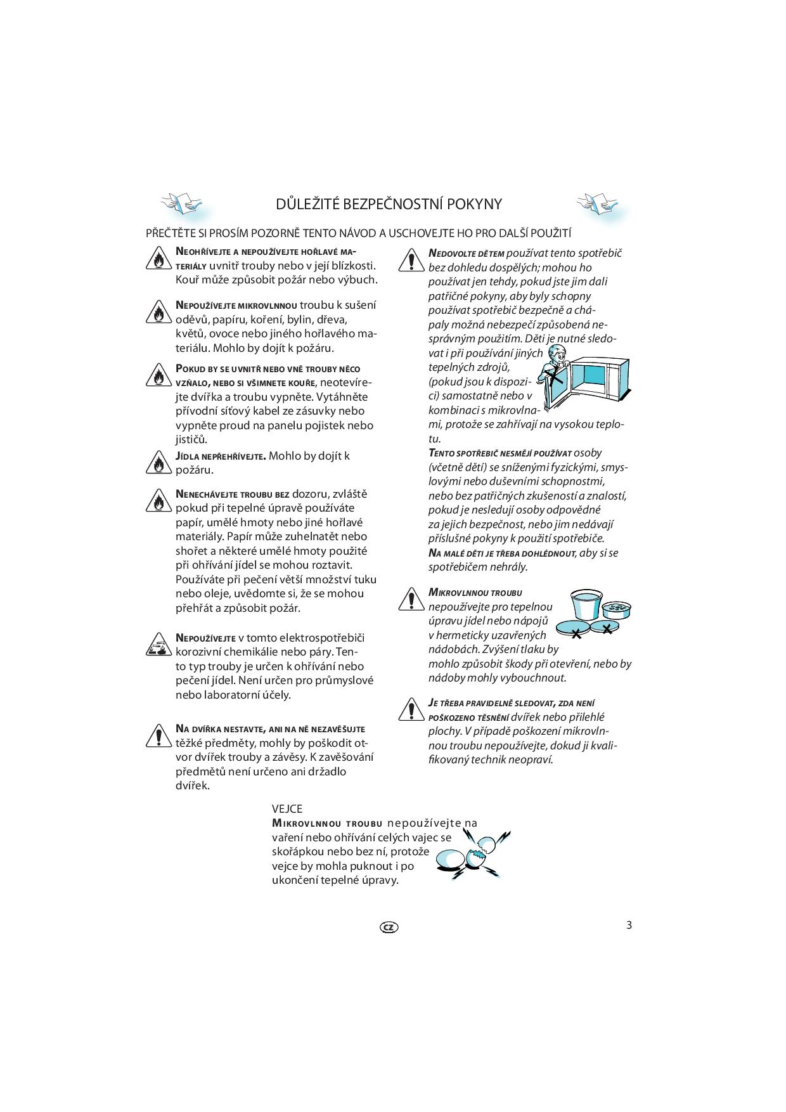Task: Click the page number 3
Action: (629, 924)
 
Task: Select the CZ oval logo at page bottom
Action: (389, 927)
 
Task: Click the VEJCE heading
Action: (287, 809)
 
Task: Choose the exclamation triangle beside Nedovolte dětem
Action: (411, 260)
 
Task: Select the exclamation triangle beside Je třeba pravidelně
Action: (411, 710)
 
